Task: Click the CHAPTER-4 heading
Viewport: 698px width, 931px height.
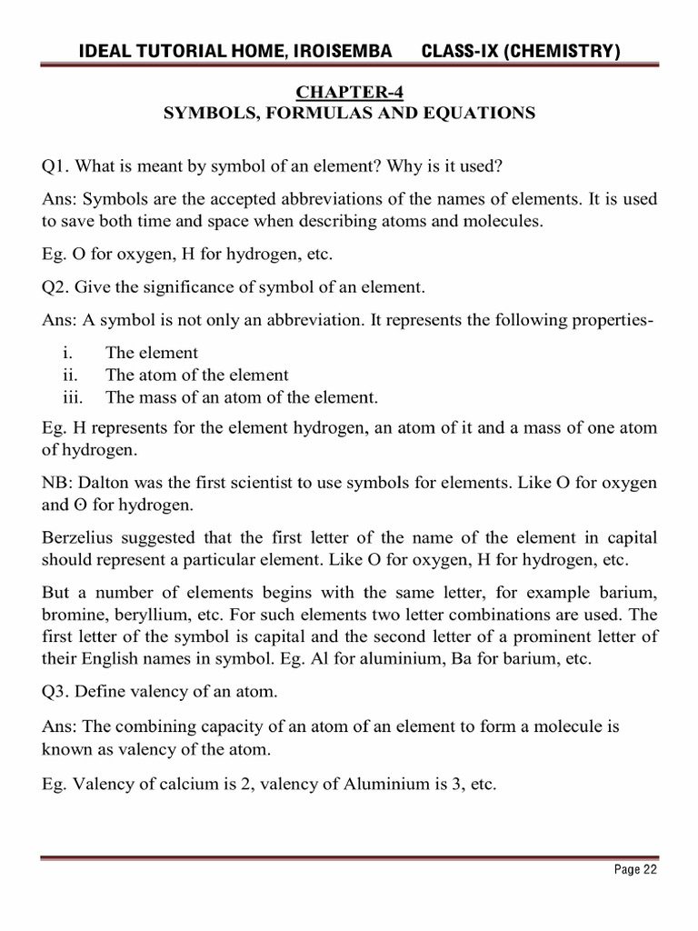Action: click(x=349, y=93)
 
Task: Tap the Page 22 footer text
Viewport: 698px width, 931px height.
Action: click(x=635, y=870)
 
